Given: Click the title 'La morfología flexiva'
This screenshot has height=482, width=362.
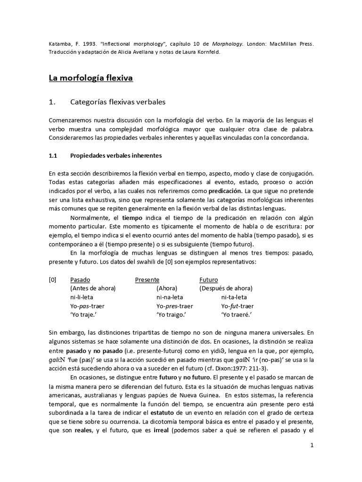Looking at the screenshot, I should (x=91, y=78).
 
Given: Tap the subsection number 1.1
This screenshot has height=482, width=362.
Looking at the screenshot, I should (x=53, y=155).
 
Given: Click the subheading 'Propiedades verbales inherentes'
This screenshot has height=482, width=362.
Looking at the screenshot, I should (x=117, y=155).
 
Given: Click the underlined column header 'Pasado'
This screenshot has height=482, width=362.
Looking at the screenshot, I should (x=80, y=279).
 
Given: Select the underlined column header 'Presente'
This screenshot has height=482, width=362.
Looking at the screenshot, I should (x=147, y=279).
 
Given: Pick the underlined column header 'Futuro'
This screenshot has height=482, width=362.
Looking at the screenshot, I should (x=209, y=279).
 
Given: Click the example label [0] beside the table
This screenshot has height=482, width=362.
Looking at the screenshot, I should (x=53, y=279).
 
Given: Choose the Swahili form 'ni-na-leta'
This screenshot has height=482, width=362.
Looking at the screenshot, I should (x=170, y=297).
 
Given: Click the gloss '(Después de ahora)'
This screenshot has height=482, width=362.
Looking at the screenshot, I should (x=226, y=288).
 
